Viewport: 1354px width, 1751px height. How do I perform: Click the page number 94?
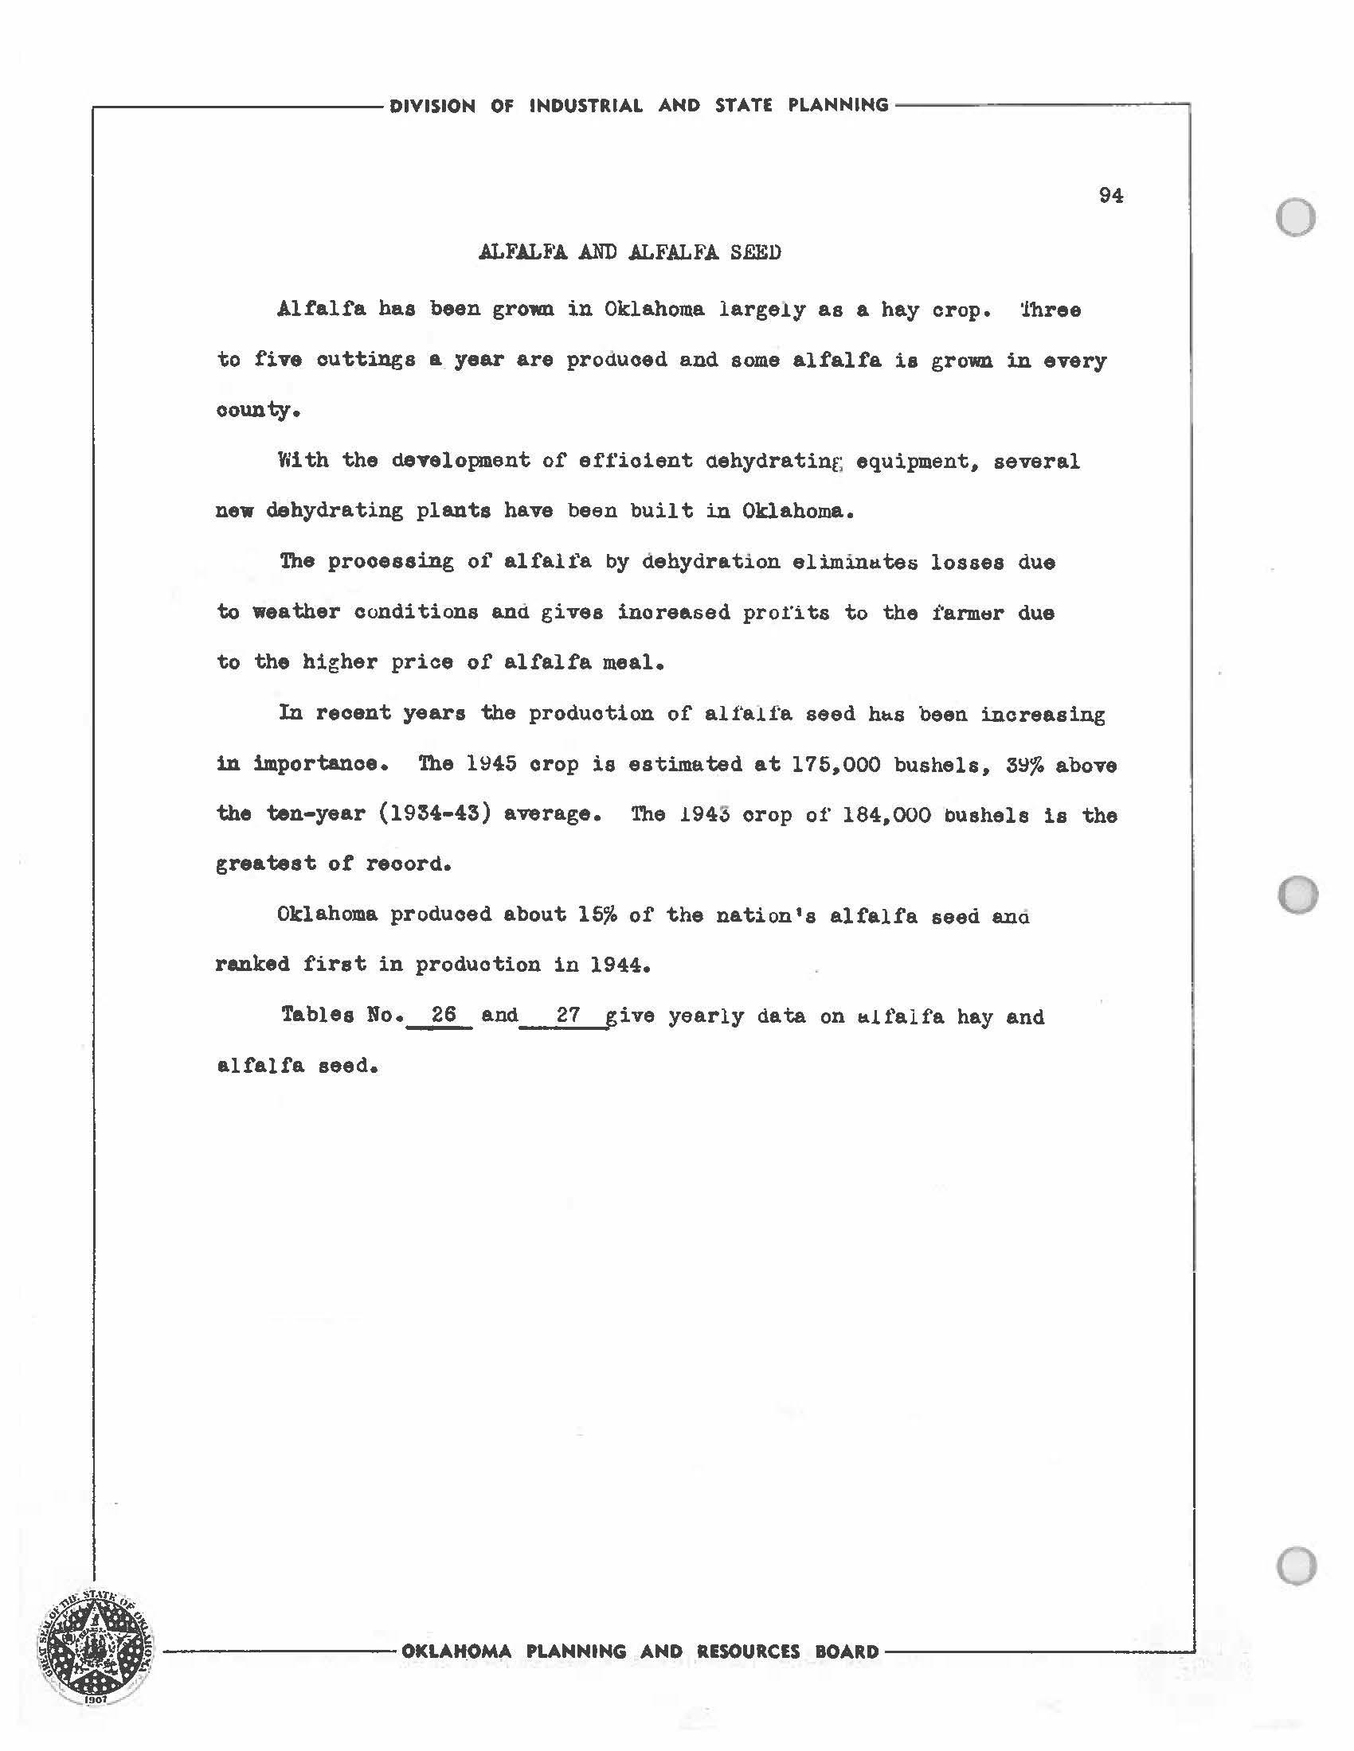click(1110, 196)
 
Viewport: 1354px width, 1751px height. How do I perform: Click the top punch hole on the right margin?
click(1294, 217)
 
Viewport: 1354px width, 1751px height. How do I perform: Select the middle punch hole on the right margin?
click(1297, 894)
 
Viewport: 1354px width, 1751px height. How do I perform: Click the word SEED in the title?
click(755, 252)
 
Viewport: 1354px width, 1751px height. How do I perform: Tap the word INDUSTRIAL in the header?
click(585, 106)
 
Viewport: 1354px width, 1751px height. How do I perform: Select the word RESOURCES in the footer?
click(748, 1652)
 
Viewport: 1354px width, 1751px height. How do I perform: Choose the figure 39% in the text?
click(1023, 765)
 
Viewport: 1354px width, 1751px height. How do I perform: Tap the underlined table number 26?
click(443, 1014)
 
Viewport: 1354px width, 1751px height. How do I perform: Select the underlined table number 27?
click(568, 1015)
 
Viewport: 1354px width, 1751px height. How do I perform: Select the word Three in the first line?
click(1050, 310)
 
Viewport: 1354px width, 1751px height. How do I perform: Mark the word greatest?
click(265, 864)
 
